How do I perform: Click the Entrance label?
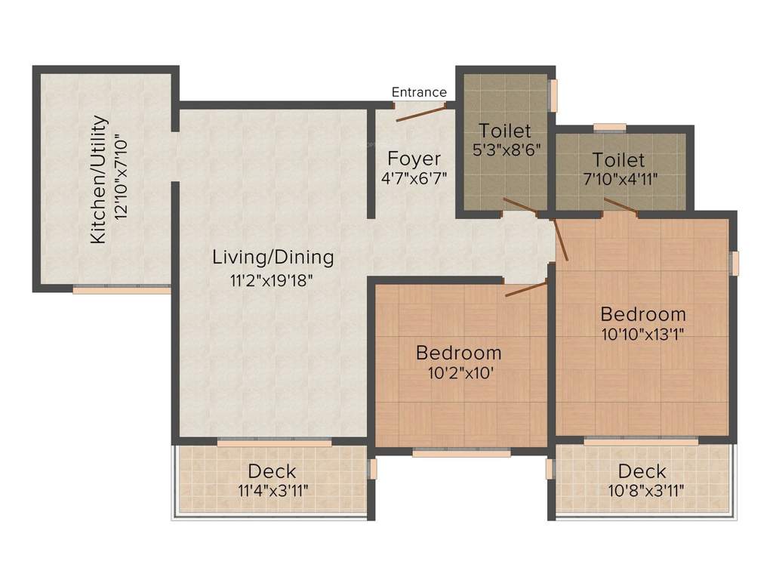pyautogui.click(x=419, y=92)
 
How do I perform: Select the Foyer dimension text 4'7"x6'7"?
pyautogui.click(x=414, y=180)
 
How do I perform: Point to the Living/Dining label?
pyautogui.click(x=273, y=257)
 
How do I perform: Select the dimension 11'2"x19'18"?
pyautogui.click(x=272, y=280)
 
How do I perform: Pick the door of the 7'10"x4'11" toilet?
pyautogui.click(x=621, y=206)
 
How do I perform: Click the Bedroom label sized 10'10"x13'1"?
pyautogui.click(x=643, y=313)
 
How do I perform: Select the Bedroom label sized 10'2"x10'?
pyautogui.click(x=459, y=353)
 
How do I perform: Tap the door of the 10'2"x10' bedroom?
pyautogui.click(x=525, y=289)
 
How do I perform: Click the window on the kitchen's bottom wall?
pyautogui.click(x=122, y=288)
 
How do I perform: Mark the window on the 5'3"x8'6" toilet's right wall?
pyautogui.click(x=553, y=95)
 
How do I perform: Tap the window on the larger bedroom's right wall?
pyautogui.click(x=734, y=261)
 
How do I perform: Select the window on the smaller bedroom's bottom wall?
pyautogui.click(x=461, y=453)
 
